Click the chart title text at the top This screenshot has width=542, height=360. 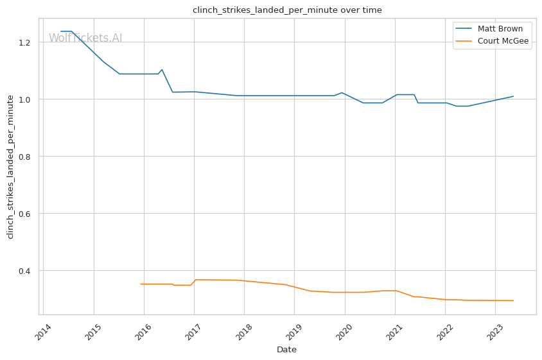287,10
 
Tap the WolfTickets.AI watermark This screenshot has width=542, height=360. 85,38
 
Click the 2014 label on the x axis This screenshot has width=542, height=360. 44,330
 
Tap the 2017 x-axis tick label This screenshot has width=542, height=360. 194,330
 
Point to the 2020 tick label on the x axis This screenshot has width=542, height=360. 344,330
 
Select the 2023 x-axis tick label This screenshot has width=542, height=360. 494,330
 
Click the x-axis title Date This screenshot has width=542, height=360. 286,350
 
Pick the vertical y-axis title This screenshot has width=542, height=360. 10,166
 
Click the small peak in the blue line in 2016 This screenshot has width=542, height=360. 161,69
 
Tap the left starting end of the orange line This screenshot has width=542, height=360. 141,284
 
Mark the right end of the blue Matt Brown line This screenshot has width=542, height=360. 513,96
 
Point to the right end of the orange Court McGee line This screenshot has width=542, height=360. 513,300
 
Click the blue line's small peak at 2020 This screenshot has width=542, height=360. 342,92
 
